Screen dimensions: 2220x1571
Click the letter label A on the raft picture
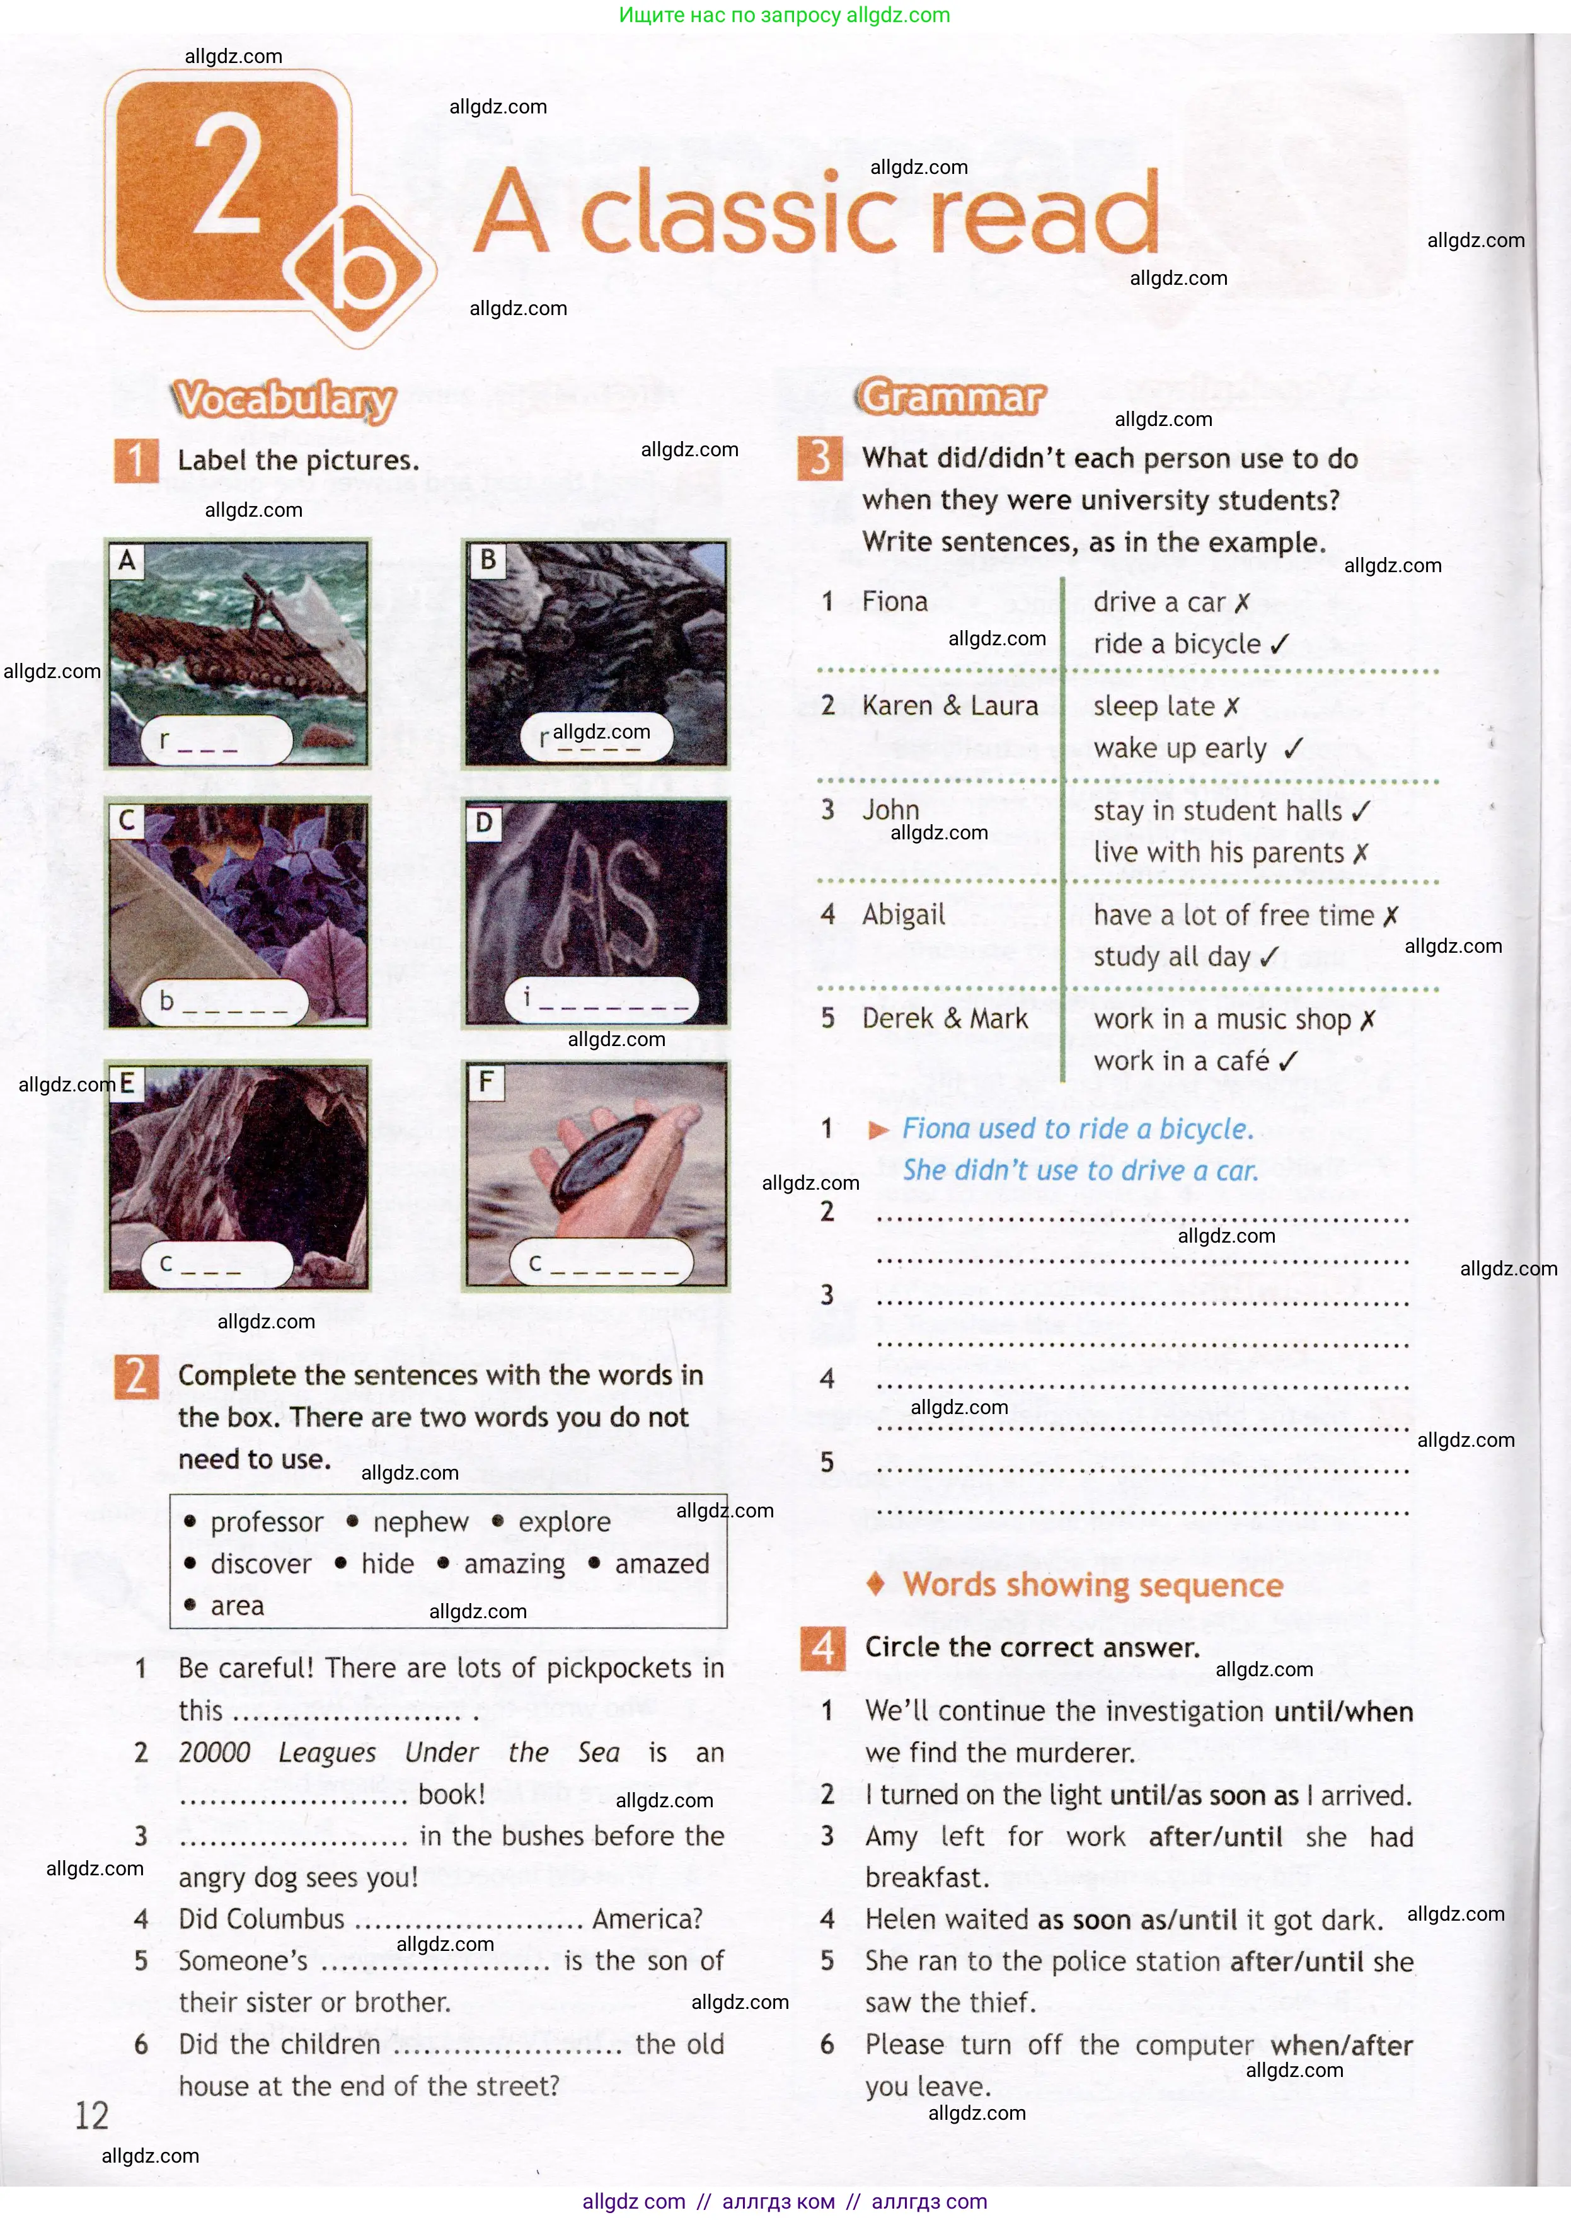tap(127, 561)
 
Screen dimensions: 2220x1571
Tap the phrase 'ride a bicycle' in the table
tap(1177, 644)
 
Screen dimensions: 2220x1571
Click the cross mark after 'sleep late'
tap(1231, 707)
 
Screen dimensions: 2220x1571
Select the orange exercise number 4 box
tap(822, 1648)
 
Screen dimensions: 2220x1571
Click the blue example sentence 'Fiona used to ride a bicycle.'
tap(1077, 1129)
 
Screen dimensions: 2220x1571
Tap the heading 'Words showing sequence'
tap(1092, 1585)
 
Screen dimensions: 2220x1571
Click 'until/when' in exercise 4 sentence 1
tap(1343, 1712)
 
